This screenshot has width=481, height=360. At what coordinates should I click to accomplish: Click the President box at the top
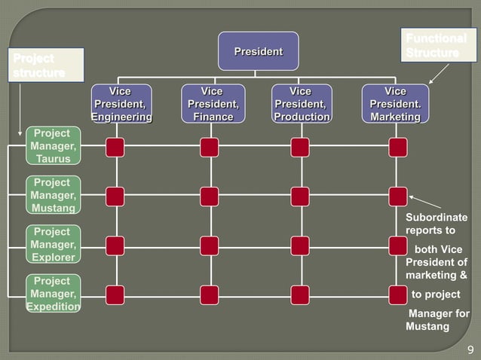coord(258,51)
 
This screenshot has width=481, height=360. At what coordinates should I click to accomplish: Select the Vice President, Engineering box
coord(121,104)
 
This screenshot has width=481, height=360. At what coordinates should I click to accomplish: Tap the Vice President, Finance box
coord(213,104)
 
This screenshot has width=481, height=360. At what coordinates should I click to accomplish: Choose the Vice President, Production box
coord(302,104)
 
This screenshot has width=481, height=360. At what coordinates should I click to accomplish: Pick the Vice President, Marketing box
coord(395,104)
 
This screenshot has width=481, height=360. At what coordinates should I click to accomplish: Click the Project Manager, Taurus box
coord(52,146)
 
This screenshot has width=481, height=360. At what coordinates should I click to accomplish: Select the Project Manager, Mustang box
coord(52,195)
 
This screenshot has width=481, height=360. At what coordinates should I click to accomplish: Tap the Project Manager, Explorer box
coord(52,245)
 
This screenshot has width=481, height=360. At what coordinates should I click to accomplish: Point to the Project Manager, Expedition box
coord(52,294)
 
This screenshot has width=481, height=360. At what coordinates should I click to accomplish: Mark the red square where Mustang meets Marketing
coord(398,197)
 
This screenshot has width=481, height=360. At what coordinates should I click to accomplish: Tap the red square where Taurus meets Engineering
coord(115,147)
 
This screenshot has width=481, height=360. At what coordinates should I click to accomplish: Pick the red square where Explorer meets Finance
coord(210,246)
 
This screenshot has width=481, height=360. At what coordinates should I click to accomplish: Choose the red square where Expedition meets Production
coord(300,294)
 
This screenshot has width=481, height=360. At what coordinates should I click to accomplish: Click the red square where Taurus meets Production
coord(300,147)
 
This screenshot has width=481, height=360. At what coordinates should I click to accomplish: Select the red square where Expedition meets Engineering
coord(115,294)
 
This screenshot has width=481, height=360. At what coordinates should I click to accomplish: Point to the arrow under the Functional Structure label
coord(439,73)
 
